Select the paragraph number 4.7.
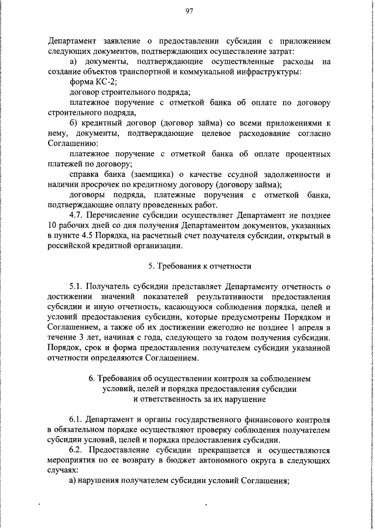tap(77, 215)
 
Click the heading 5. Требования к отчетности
tap(200, 266)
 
